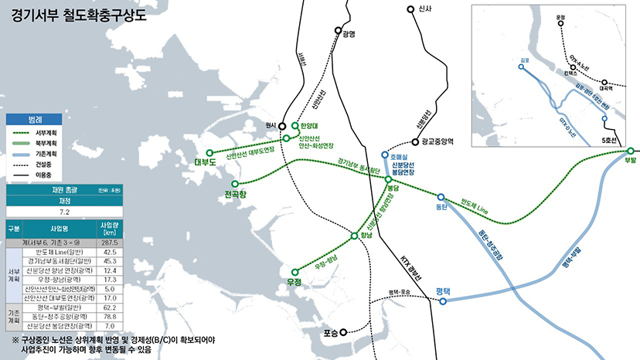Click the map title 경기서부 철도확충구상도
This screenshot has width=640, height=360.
[x=80, y=16]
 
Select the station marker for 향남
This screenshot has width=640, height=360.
[x=355, y=236]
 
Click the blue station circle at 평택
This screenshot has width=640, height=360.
[x=443, y=301]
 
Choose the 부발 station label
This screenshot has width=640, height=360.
[x=630, y=162]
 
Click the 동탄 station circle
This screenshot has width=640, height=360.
[x=441, y=197]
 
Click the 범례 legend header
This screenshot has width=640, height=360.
[x=35, y=121]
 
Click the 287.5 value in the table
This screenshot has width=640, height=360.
[x=109, y=243]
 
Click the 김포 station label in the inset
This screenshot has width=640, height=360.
[x=525, y=58]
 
